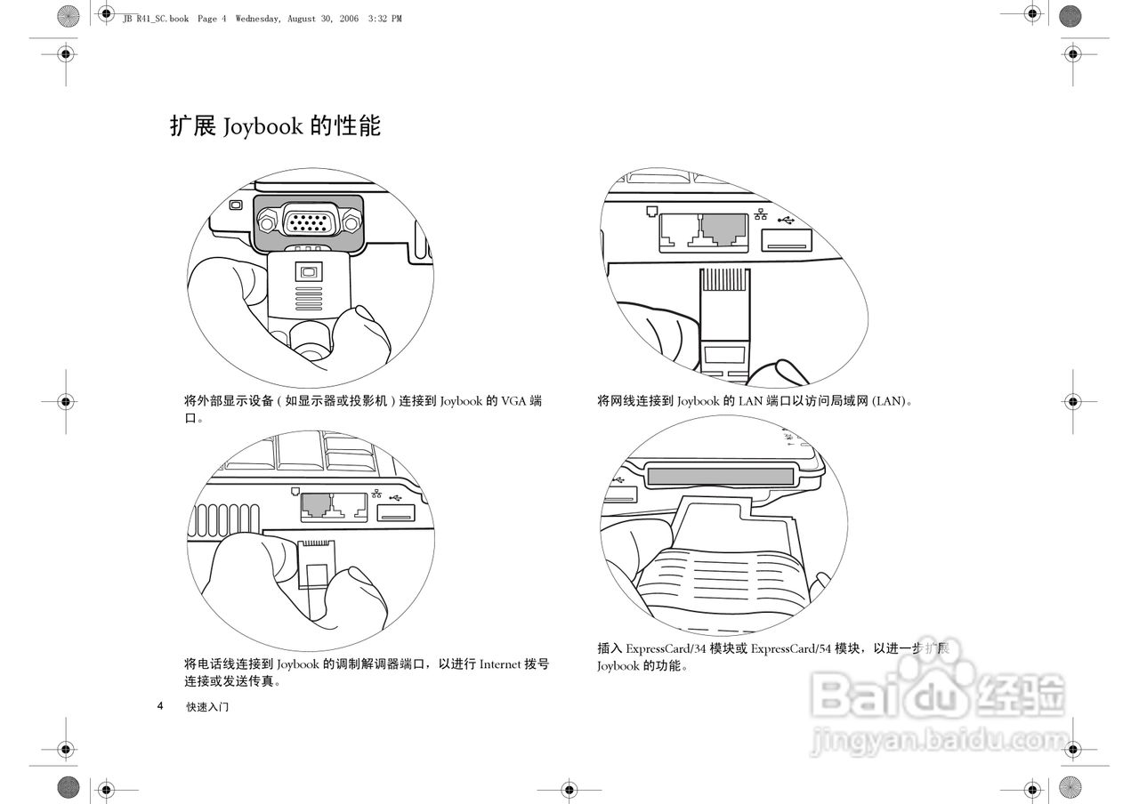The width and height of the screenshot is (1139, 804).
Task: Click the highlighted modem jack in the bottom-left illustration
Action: (x=316, y=506)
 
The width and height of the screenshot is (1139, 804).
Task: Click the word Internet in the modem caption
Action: (x=501, y=664)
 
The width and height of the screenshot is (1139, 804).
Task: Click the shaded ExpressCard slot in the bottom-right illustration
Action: (x=720, y=477)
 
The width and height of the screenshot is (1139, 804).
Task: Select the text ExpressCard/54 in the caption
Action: (x=785, y=648)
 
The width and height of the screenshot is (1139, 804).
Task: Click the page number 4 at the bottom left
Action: (x=160, y=706)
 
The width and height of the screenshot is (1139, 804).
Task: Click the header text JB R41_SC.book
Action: (x=155, y=19)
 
